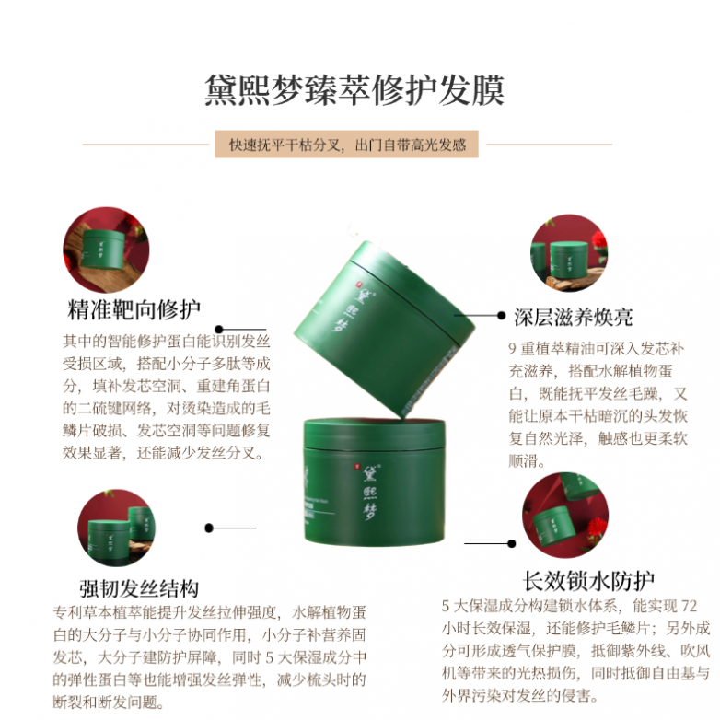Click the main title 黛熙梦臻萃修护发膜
354,90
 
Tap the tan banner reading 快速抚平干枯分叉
347,145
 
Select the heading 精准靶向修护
134,309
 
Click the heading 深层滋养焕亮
573,317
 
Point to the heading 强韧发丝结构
139,588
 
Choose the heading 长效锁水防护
588,581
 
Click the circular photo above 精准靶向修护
106,250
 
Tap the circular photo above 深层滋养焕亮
569,253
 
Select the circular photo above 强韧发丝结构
116,528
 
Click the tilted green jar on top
384,329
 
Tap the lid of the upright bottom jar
374,434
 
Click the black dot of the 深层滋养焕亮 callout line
502,316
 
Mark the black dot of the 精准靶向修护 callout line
219,330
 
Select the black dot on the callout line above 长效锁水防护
512,543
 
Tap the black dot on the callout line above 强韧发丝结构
209,528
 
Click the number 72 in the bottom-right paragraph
689,606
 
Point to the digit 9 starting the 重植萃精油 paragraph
513,349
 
